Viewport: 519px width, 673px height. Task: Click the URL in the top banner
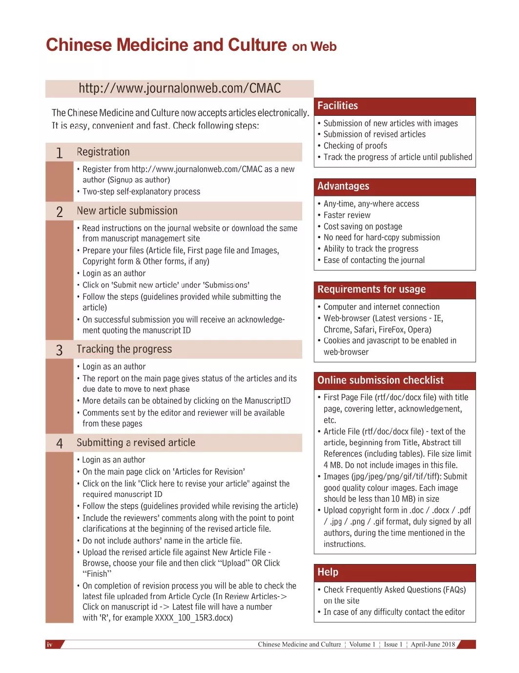click(180, 88)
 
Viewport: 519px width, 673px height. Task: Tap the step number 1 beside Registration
click(59, 153)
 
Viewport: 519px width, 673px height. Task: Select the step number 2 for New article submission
click(59, 212)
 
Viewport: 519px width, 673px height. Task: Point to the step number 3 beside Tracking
click(59, 350)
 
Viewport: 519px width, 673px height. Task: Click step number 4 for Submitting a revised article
click(59, 443)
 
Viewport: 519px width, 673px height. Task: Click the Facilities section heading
click(337, 106)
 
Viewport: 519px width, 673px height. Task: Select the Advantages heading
click(343, 186)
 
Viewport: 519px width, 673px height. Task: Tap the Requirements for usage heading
click(371, 289)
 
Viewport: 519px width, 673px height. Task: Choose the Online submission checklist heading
click(380, 380)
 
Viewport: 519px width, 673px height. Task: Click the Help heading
click(328, 572)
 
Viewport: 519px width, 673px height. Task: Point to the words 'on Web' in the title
click(314, 47)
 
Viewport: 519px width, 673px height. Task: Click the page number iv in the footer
click(49, 645)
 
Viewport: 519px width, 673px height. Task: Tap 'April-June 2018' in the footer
click(433, 644)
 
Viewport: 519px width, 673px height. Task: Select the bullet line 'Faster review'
click(347, 215)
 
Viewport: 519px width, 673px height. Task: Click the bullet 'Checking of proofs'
click(355, 146)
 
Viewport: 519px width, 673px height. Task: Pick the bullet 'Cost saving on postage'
click(363, 226)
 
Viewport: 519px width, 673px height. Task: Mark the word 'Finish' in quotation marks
click(97, 574)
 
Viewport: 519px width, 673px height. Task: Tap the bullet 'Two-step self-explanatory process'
click(141, 192)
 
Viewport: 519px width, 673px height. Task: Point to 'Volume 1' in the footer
click(362, 644)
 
